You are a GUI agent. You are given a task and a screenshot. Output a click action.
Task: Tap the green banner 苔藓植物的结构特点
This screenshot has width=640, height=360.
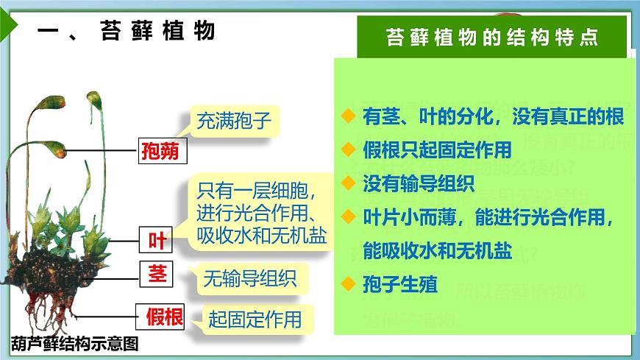point(492,38)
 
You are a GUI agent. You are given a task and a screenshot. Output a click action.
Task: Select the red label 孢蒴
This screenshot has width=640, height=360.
point(163,152)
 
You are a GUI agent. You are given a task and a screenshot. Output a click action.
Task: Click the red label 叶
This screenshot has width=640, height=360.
point(157,240)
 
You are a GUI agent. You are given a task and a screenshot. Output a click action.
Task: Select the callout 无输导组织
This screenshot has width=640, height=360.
point(249,279)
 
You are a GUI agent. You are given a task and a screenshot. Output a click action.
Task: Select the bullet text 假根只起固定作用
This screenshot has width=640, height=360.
point(437,150)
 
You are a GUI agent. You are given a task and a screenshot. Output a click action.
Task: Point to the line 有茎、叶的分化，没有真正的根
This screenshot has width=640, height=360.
point(493,116)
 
